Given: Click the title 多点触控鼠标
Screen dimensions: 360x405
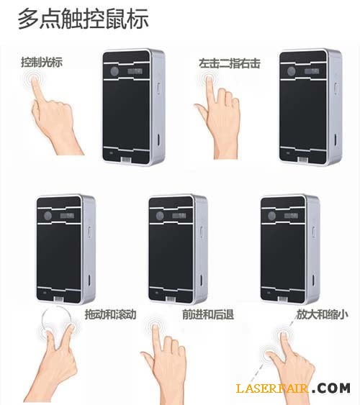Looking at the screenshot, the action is [x=84, y=18].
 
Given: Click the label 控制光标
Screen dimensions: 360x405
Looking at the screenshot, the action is [x=42, y=63].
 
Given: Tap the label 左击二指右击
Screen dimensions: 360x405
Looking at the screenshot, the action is [x=229, y=63].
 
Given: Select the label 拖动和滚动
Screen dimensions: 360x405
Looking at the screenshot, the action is [x=111, y=314].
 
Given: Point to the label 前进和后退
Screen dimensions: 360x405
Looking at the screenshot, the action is [x=208, y=314].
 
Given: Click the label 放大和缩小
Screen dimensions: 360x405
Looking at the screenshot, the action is [x=322, y=314].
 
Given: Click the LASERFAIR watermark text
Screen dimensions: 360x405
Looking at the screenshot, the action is [x=272, y=388].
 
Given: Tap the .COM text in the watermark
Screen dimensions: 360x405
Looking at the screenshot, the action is [x=330, y=388].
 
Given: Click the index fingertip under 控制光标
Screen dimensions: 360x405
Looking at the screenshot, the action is [x=33, y=77].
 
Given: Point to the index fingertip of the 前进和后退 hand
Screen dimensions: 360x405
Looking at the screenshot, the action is [x=156, y=327].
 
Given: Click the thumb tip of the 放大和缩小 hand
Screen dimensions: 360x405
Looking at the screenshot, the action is [x=269, y=355].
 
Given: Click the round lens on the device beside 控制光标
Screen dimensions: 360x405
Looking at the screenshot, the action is [x=114, y=71].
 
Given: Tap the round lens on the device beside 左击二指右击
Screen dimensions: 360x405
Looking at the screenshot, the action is [x=292, y=71].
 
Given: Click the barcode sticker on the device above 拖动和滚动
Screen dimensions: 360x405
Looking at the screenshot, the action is [x=58, y=299].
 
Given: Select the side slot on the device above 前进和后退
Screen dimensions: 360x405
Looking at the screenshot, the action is [x=201, y=278].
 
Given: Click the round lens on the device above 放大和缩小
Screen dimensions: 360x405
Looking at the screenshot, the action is [x=271, y=216].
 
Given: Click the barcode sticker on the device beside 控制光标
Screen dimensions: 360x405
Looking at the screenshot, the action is [x=126, y=160].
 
